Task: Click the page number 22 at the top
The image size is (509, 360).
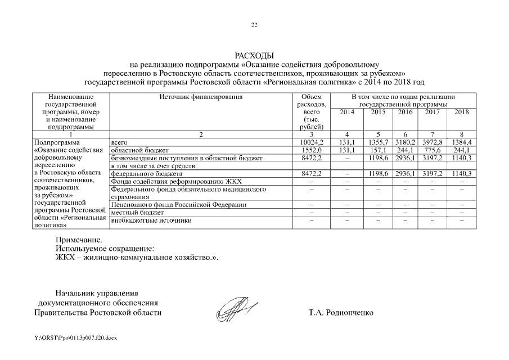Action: (x=254, y=25)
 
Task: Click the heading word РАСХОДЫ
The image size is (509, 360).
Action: (x=254, y=56)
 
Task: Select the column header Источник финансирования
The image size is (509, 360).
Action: (x=201, y=97)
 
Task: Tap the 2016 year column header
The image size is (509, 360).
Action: (x=405, y=112)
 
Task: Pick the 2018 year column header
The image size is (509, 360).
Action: (x=461, y=112)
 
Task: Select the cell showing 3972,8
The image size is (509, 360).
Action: (x=433, y=142)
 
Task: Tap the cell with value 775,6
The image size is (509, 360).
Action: (x=433, y=150)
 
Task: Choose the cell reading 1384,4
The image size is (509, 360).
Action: (x=461, y=142)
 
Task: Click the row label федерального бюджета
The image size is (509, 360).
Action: (x=143, y=174)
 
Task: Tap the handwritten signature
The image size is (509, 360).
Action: (x=236, y=308)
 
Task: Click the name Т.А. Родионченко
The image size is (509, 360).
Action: (x=340, y=312)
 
